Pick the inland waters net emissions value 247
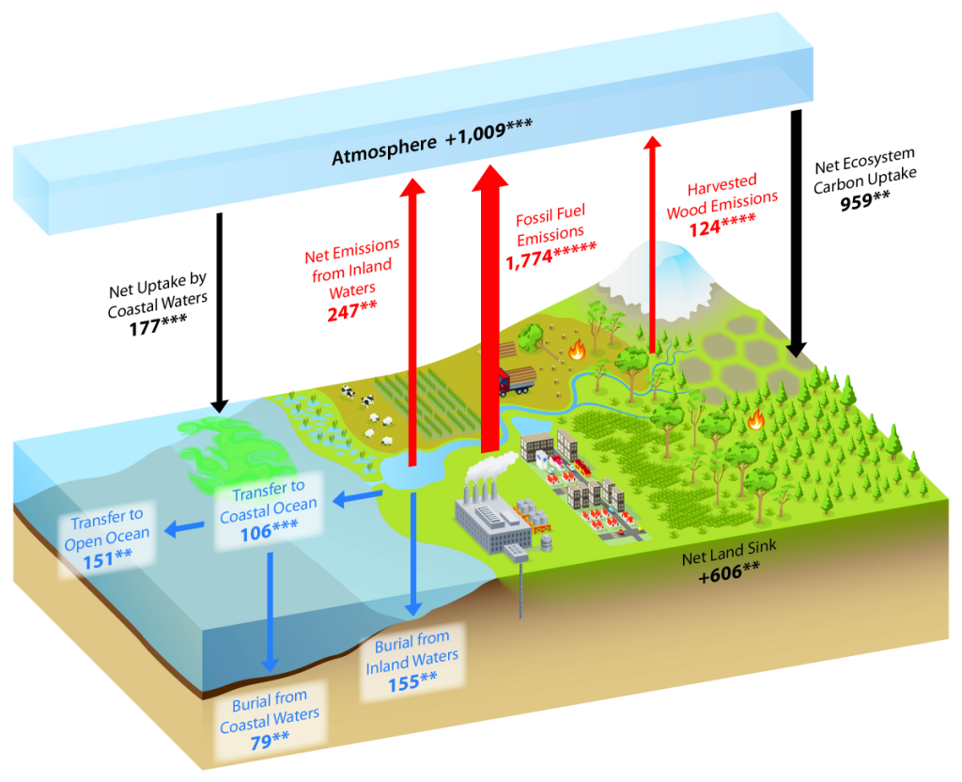point(351,311)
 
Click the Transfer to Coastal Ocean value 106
point(268,531)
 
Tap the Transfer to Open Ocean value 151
point(104,556)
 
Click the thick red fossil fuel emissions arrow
point(489,310)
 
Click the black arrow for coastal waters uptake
point(219,310)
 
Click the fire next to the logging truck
point(576,352)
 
